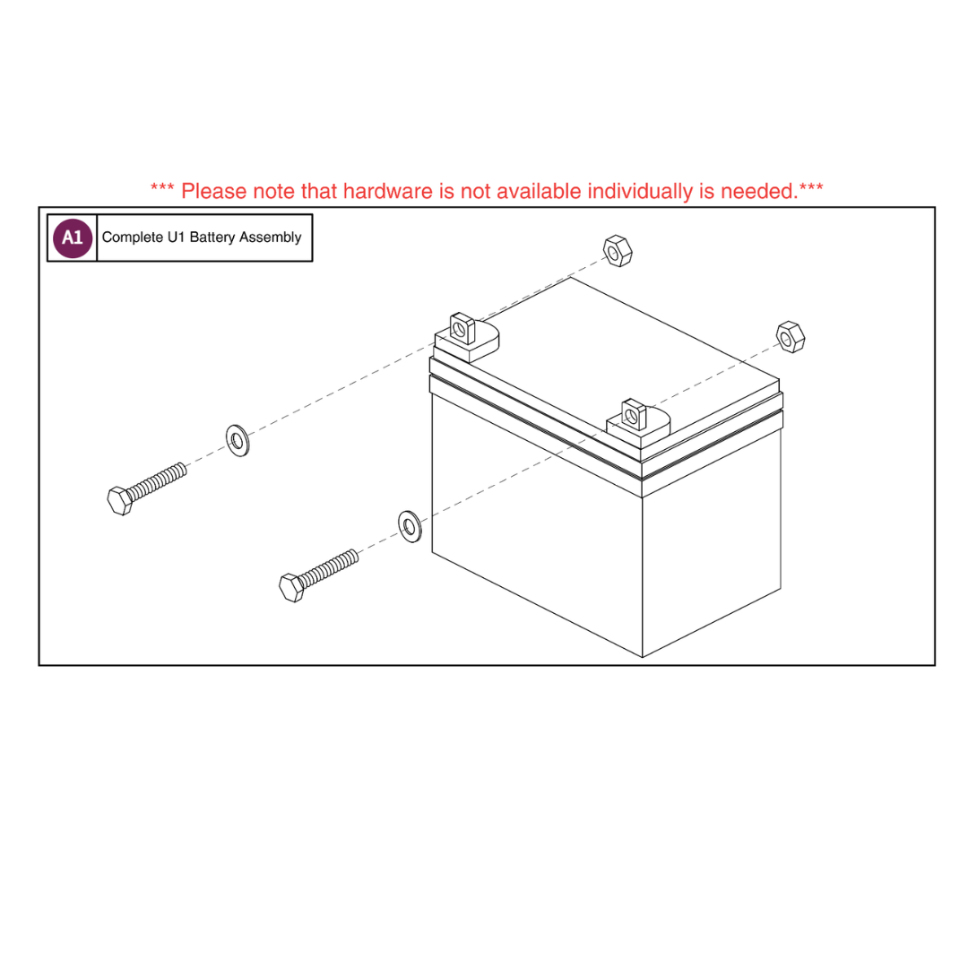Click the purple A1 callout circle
point(73,238)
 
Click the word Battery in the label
point(212,238)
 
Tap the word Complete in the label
point(132,238)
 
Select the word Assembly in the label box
point(270,238)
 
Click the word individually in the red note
point(640,192)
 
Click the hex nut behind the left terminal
point(618,251)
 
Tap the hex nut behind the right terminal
point(791,337)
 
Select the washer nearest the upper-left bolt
point(238,441)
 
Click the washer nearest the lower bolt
point(410,527)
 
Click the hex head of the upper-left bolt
point(120,501)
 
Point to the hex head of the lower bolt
point(291,587)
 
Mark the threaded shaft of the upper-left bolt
point(157,481)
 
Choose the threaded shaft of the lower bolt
point(328,568)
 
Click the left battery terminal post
point(462,328)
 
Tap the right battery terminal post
point(634,415)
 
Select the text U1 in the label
point(176,237)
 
